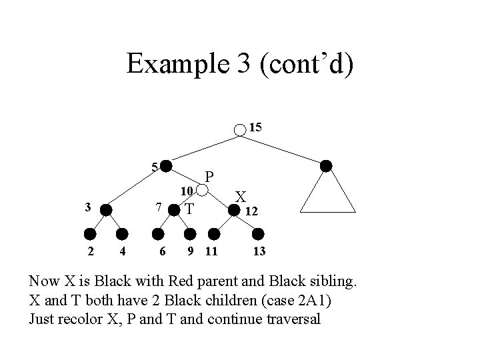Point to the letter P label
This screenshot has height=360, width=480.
coord(209,177)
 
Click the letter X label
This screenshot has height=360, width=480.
coord(241,197)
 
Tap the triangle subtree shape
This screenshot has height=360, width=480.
coord(326,197)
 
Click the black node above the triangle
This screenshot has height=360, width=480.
coord(326,165)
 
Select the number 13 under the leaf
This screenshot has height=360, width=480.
coord(260,251)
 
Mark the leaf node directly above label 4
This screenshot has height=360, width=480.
coord(121,234)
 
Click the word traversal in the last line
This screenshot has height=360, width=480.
coord(287,319)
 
